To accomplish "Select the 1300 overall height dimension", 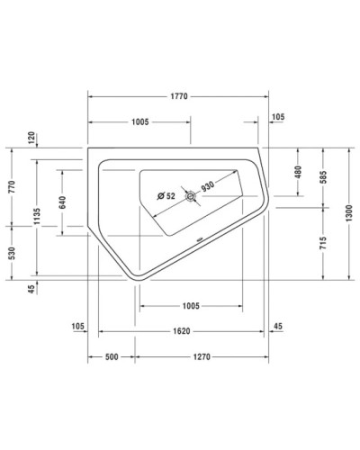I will tap(349, 212).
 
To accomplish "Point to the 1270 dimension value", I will tap(201, 357).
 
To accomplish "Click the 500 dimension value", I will tap(112, 357).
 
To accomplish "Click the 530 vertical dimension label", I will tap(11, 254).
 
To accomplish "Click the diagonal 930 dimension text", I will tap(207, 187).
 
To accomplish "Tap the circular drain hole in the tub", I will tap(190, 196).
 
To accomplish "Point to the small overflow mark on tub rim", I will tap(198, 240).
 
